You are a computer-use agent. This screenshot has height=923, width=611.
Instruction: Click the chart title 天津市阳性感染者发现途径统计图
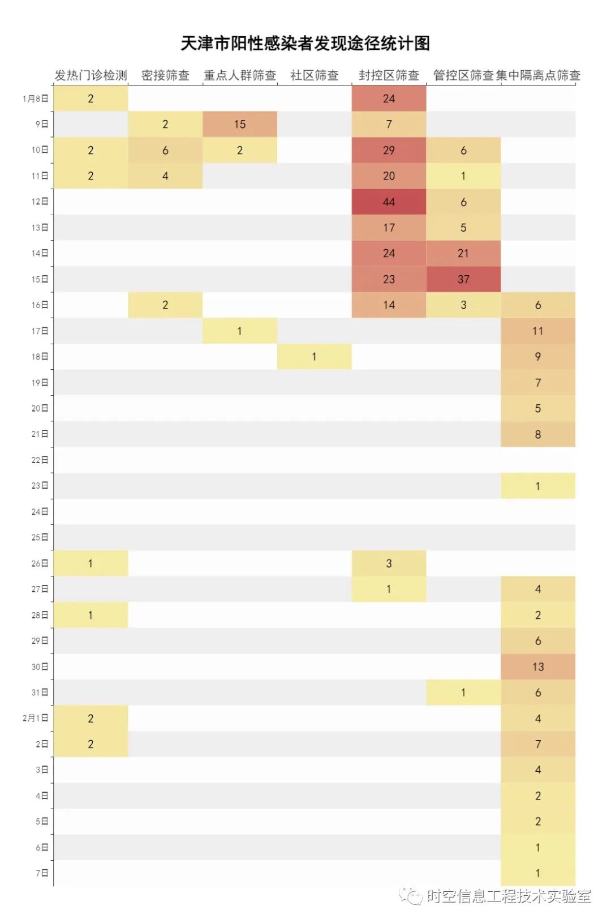tap(305, 44)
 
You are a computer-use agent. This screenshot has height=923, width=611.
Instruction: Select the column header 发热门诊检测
tap(91, 75)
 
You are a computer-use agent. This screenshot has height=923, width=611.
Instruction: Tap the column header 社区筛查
tap(315, 75)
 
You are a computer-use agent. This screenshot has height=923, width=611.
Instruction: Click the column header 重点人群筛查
tap(240, 75)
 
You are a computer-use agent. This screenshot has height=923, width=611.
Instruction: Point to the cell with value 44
tap(389, 202)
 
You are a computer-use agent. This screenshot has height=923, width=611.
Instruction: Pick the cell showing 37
tap(463, 279)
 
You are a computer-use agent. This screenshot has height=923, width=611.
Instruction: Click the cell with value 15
tap(240, 125)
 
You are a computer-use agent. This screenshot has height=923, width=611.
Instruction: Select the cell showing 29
tap(389, 151)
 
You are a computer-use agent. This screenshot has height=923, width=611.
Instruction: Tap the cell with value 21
tap(463, 254)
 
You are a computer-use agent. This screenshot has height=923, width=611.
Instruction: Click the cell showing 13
tap(538, 667)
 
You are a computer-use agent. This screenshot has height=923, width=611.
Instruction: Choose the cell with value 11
tap(538, 331)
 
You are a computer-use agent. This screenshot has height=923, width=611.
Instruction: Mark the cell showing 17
tap(389, 228)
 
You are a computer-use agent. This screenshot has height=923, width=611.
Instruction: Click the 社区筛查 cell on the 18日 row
tap(315, 357)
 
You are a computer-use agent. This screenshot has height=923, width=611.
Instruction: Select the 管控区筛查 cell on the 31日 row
tap(463, 693)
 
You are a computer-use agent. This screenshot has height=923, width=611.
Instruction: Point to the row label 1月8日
tap(36, 99)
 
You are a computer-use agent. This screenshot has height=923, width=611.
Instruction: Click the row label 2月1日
tap(36, 718)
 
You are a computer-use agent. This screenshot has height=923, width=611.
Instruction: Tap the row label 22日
tap(40, 460)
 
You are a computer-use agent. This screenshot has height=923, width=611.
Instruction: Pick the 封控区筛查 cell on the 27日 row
tap(389, 589)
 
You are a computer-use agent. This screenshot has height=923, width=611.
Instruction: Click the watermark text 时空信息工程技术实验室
tap(509, 896)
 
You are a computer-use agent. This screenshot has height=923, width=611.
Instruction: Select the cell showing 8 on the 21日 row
tap(538, 434)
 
